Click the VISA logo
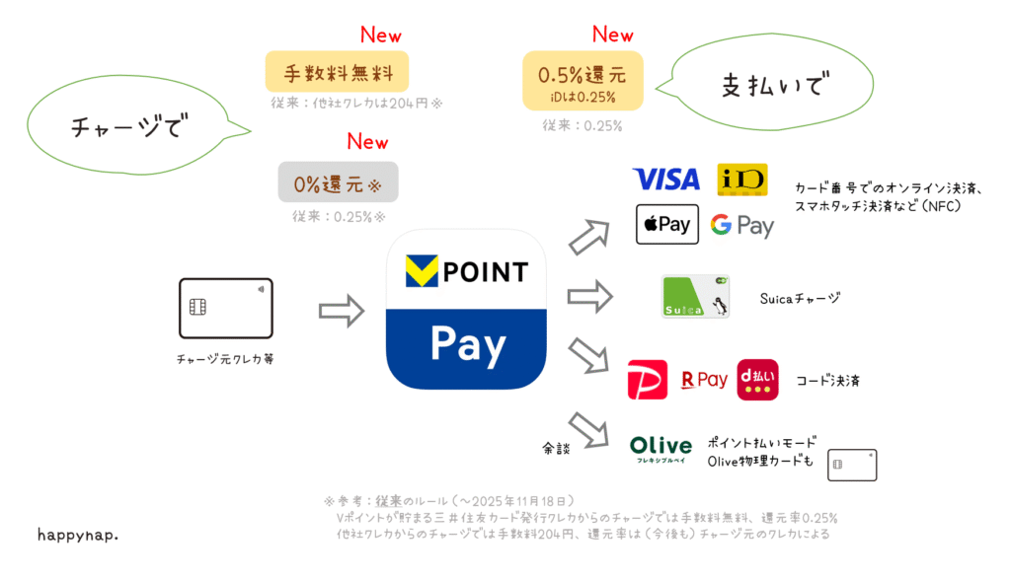pos(665,179)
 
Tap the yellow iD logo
pos(741,179)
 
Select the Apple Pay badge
pos(666,224)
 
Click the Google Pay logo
pos(741,225)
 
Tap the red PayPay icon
pos(648,380)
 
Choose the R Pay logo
pos(704,380)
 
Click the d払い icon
pos(757,380)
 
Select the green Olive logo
pos(661,449)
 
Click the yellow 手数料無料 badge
pos(337,72)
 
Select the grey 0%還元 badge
pos(338,183)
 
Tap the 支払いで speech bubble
pos(757,86)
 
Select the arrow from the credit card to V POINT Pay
pos(342,311)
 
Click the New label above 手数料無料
pos(380,36)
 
